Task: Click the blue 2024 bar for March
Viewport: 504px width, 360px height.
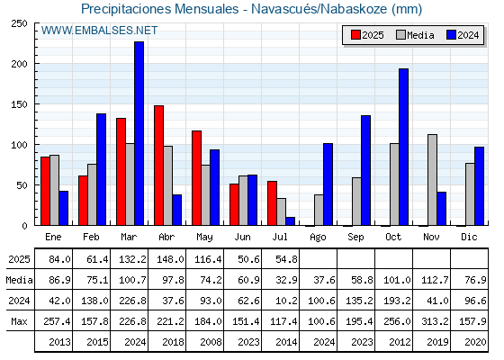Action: point(139,133)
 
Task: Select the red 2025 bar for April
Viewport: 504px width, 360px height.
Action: point(158,166)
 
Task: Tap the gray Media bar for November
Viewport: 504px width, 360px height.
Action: point(432,180)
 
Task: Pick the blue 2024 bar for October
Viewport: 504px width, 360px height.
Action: point(403,147)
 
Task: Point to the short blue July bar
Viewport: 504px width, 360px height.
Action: point(290,221)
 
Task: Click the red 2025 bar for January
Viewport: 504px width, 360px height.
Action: point(45,191)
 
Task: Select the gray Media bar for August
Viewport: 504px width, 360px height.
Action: point(319,210)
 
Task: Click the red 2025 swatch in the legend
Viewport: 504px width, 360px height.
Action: point(355,35)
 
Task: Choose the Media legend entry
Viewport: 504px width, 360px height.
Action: point(415,35)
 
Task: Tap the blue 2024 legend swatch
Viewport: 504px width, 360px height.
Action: point(451,35)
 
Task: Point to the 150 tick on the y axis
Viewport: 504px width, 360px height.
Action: point(19,104)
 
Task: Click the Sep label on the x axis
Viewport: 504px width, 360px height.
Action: point(355,237)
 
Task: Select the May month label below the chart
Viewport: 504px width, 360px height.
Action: point(204,237)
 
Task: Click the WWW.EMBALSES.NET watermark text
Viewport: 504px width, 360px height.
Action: point(99,31)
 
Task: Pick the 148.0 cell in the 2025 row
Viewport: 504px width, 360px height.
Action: point(170,259)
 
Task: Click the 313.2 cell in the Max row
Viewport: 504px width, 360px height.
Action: point(435,321)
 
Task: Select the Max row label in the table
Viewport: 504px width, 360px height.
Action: point(19,321)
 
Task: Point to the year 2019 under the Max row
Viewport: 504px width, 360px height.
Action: point(437,342)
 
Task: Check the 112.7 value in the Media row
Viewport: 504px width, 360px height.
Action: point(435,280)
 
